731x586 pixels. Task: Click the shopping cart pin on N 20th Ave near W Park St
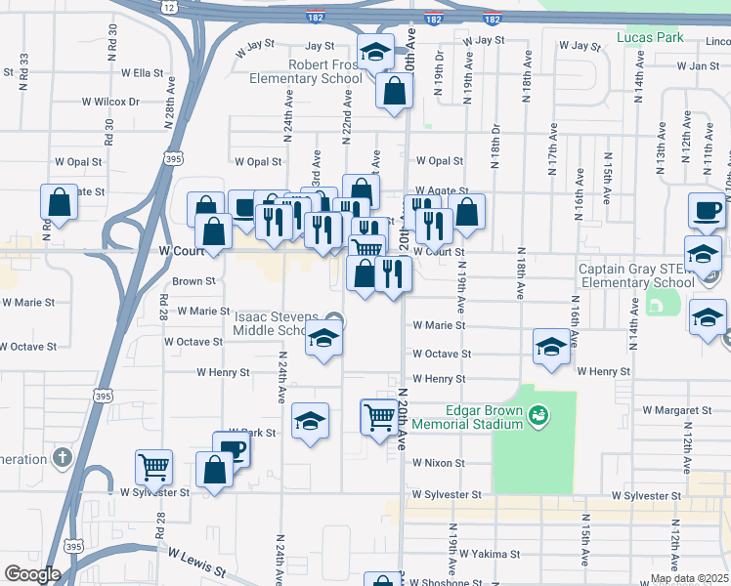[379, 417]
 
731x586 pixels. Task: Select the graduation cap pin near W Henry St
[551, 348]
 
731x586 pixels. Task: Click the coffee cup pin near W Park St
[232, 449]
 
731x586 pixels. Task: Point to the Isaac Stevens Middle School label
[277, 324]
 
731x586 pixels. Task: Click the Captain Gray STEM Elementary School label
[636, 275]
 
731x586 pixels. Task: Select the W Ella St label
[142, 72]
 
